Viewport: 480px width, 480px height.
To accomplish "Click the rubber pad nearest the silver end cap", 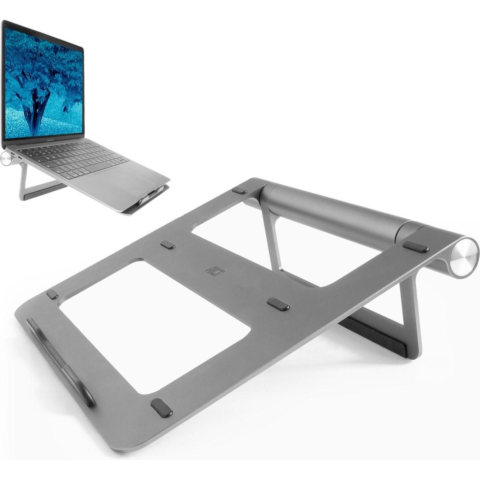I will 416,247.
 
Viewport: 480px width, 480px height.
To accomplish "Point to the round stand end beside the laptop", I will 6,158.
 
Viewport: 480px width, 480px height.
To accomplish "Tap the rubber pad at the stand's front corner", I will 162,408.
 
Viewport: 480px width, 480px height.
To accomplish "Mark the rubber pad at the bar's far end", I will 239,190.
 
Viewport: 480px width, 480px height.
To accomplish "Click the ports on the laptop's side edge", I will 16,156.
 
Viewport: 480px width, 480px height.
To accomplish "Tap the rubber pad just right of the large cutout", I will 278,304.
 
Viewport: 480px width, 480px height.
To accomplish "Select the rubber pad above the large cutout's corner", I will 168,245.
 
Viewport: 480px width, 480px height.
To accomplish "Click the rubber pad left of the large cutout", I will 52,294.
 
